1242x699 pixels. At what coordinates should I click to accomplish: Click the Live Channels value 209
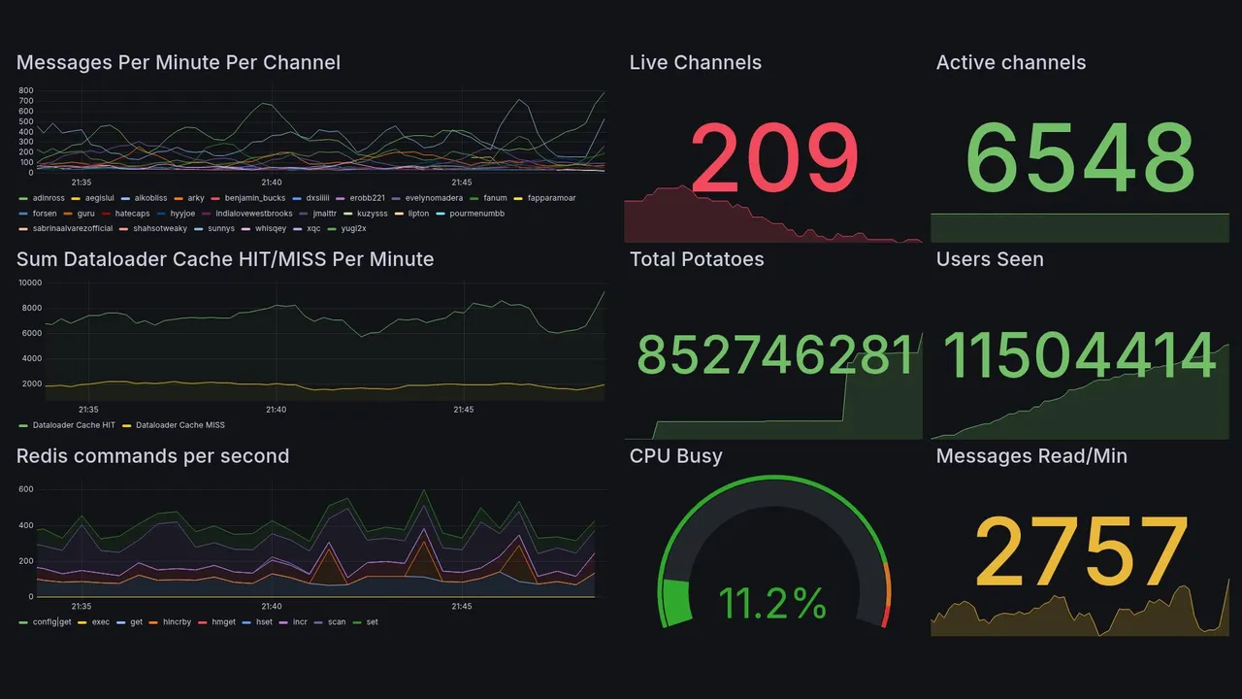coord(774,157)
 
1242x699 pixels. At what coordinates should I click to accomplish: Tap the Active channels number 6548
coord(1080,157)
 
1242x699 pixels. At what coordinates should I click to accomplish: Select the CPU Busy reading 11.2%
coord(772,604)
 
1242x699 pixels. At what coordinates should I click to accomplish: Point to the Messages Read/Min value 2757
coord(1080,551)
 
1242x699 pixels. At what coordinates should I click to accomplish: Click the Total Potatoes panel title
coord(697,259)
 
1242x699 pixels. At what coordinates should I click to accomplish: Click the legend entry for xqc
coord(312,228)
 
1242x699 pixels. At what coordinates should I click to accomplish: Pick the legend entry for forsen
coord(44,213)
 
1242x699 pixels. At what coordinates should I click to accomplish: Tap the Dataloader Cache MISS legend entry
coord(180,424)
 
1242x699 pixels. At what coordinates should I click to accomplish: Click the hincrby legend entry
coord(178,621)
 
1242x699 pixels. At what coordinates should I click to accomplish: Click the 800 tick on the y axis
coord(26,90)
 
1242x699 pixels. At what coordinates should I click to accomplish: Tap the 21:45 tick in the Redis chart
coord(462,607)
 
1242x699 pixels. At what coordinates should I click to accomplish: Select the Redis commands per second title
coord(152,456)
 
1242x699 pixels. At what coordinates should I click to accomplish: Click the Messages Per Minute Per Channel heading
coord(179,62)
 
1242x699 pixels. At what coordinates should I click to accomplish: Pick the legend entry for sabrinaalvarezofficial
coord(72,228)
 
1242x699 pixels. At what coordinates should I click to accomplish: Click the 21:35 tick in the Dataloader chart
coord(88,410)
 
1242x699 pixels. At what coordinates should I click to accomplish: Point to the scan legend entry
coord(337,621)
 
